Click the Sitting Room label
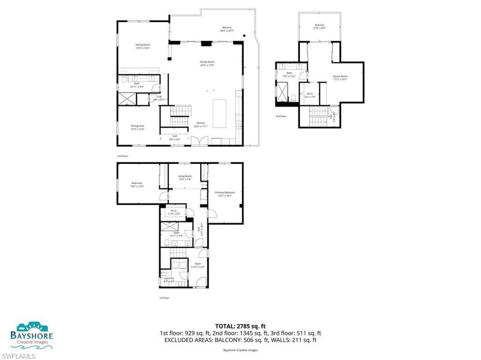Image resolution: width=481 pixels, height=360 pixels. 143,46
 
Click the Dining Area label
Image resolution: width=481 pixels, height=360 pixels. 137,127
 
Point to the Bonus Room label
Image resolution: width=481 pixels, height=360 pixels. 340,77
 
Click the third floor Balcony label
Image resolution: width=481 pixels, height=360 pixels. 319,26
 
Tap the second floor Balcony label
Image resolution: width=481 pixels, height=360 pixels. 227,29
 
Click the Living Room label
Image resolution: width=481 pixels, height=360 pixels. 185,177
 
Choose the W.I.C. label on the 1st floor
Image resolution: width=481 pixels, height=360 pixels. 173,212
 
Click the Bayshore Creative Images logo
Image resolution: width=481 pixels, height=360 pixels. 32,335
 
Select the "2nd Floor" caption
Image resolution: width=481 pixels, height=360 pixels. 122,155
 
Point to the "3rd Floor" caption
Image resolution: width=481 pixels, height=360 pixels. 280,116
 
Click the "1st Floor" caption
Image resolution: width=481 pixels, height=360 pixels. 164,298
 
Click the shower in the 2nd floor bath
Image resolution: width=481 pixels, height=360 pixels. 126,99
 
